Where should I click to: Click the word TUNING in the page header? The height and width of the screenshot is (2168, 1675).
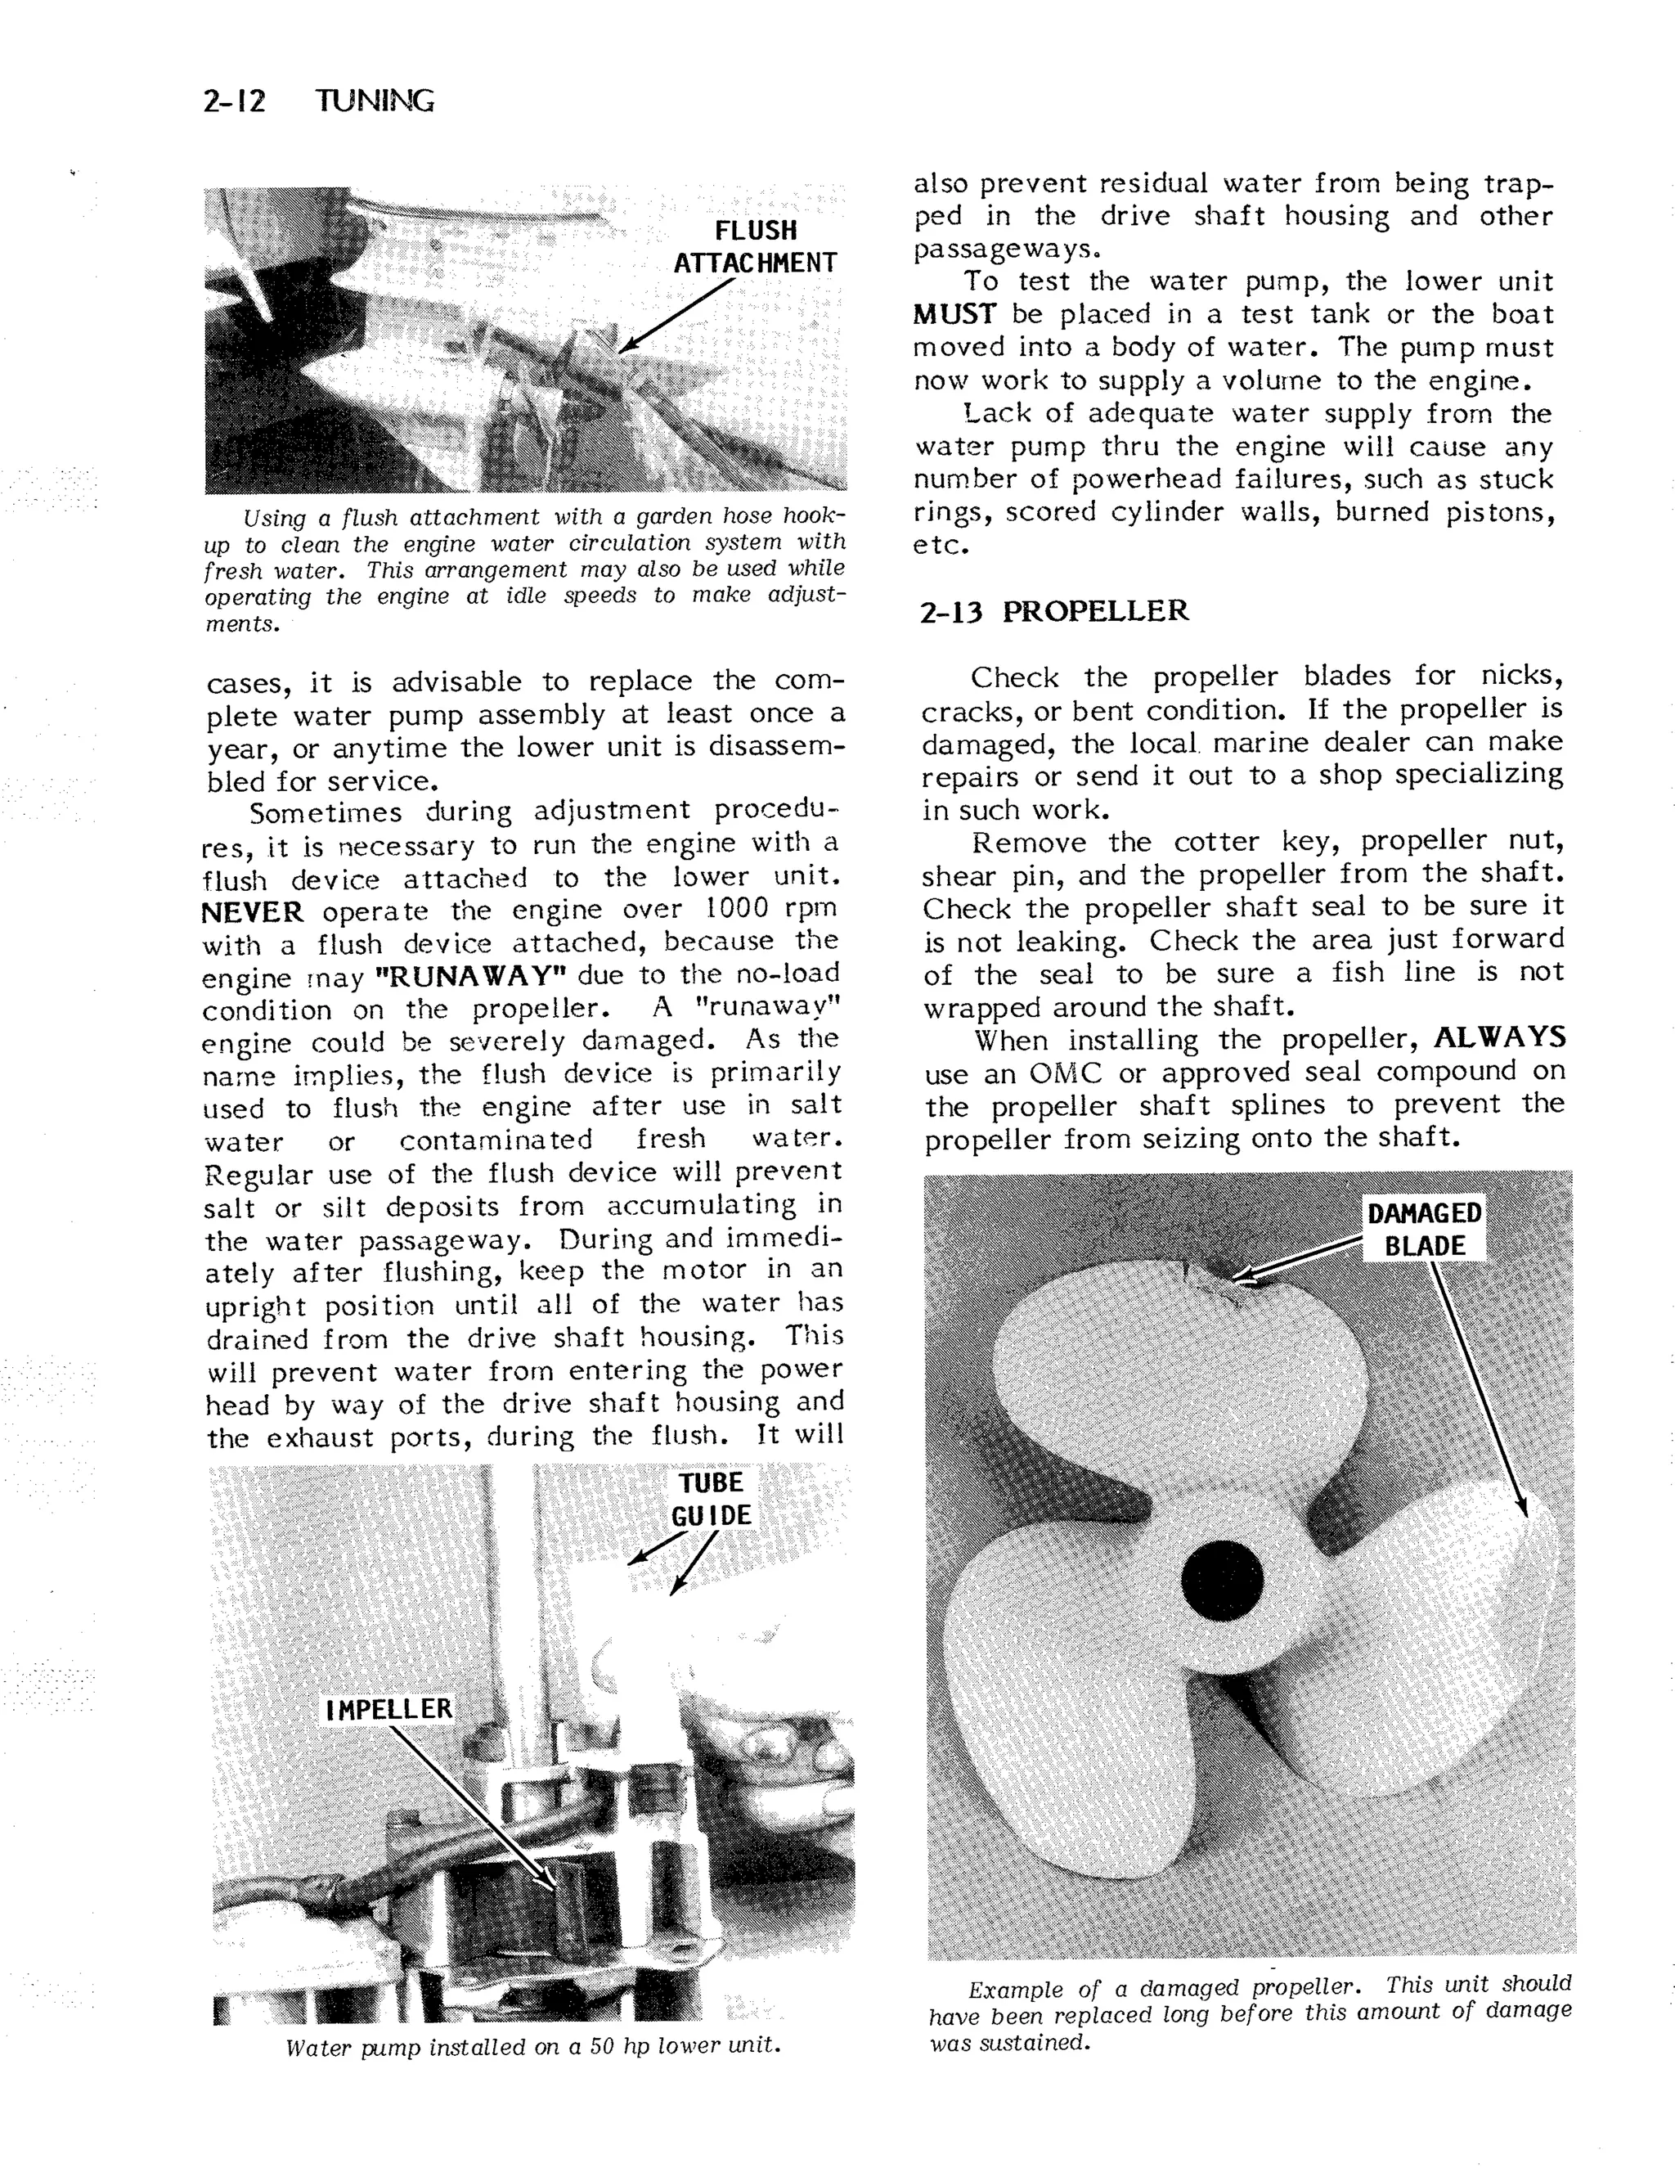coord(374,101)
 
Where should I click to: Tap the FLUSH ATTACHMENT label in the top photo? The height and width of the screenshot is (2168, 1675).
coord(755,247)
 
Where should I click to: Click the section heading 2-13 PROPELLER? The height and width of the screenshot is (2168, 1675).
coord(1053,611)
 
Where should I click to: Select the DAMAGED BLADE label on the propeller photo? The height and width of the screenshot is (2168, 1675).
coord(1424,1230)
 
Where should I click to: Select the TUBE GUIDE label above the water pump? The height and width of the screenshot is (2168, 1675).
coord(712,1499)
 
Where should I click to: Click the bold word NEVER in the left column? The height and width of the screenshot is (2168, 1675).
coord(252,911)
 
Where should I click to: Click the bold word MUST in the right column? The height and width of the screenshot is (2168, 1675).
coord(954,316)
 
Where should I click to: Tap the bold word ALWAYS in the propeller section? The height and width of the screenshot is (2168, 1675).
coord(1499,1038)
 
